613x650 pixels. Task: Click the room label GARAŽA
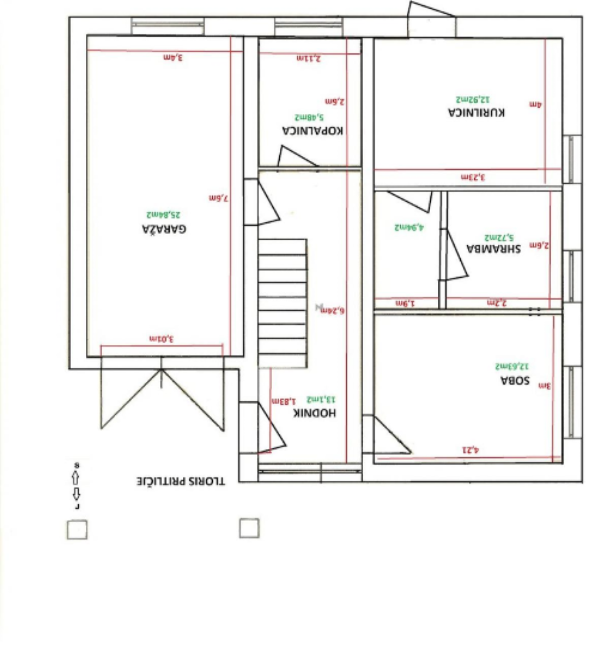click(x=164, y=229)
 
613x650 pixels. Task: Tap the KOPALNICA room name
click(x=312, y=131)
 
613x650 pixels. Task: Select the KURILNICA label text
click(x=476, y=112)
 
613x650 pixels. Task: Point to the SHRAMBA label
click(x=493, y=249)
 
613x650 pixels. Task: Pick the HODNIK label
click(x=314, y=413)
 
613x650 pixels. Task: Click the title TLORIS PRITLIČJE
click(x=180, y=481)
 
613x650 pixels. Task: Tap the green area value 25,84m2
click(x=164, y=215)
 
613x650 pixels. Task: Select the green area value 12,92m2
click(x=473, y=99)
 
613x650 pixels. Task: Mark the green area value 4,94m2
click(x=409, y=227)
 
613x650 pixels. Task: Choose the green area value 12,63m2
click(x=512, y=366)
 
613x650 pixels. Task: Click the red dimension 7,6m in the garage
click(x=218, y=198)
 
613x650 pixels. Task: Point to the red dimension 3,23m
click(x=472, y=177)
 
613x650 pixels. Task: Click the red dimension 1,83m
click(x=283, y=401)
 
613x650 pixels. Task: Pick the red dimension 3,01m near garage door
click(x=162, y=339)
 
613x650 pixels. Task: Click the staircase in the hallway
click(x=282, y=303)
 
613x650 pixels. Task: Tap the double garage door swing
click(x=162, y=396)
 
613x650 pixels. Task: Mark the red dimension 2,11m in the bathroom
click(x=308, y=58)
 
